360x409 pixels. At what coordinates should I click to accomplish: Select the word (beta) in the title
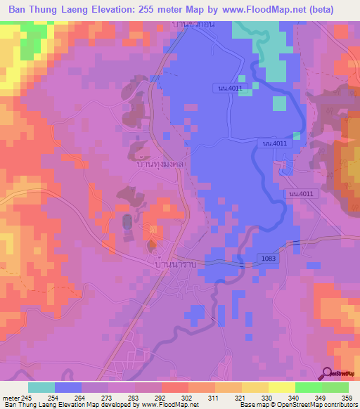(335, 10)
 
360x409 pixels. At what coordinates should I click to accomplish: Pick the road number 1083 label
(266, 259)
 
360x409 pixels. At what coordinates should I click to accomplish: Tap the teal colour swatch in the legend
(41, 387)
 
